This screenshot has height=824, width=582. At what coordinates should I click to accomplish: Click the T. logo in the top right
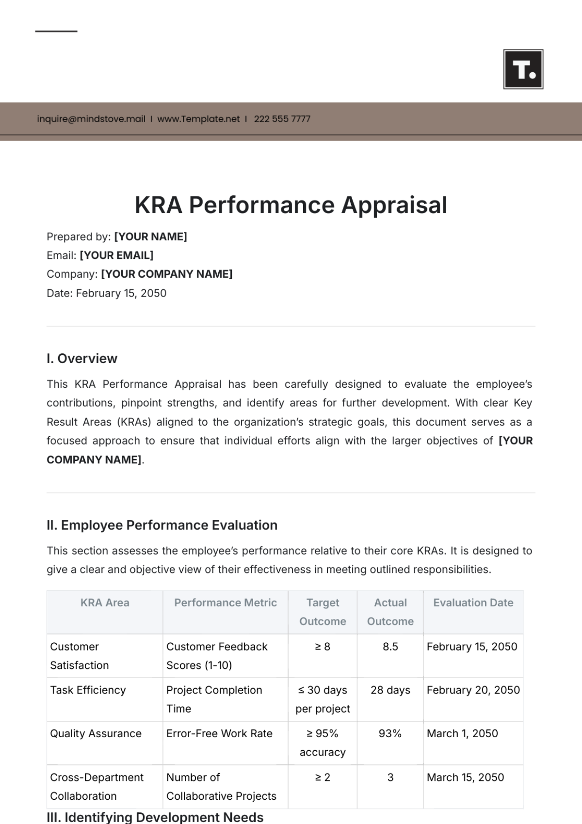523,69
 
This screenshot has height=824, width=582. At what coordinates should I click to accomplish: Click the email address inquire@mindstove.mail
91,119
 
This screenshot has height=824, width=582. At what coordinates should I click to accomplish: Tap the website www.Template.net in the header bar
198,119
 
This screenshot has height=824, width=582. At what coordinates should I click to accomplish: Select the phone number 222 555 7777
282,119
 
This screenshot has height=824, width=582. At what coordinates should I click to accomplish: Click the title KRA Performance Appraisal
291,205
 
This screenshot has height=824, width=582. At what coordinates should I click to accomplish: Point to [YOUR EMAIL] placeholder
116,255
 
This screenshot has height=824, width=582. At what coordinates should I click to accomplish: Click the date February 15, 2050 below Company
121,293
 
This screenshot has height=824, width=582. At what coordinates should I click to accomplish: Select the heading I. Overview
82,359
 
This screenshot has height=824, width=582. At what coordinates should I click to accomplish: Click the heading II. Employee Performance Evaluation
162,525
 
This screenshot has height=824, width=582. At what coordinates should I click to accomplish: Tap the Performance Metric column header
226,603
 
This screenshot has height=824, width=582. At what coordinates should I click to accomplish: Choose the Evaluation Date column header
473,603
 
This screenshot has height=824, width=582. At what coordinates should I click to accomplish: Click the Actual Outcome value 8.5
390,647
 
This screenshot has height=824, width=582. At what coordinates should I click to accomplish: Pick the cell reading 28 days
390,690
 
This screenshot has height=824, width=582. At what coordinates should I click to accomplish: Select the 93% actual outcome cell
390,734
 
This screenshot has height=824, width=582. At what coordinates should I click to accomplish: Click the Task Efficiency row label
88,690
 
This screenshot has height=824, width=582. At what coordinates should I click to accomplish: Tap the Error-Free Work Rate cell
219,734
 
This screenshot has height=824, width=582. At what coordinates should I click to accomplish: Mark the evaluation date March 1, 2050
462,734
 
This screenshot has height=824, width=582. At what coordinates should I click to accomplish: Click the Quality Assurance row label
96,734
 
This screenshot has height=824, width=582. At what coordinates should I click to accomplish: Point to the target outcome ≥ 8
323,647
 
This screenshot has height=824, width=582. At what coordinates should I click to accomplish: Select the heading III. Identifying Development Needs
155,817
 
